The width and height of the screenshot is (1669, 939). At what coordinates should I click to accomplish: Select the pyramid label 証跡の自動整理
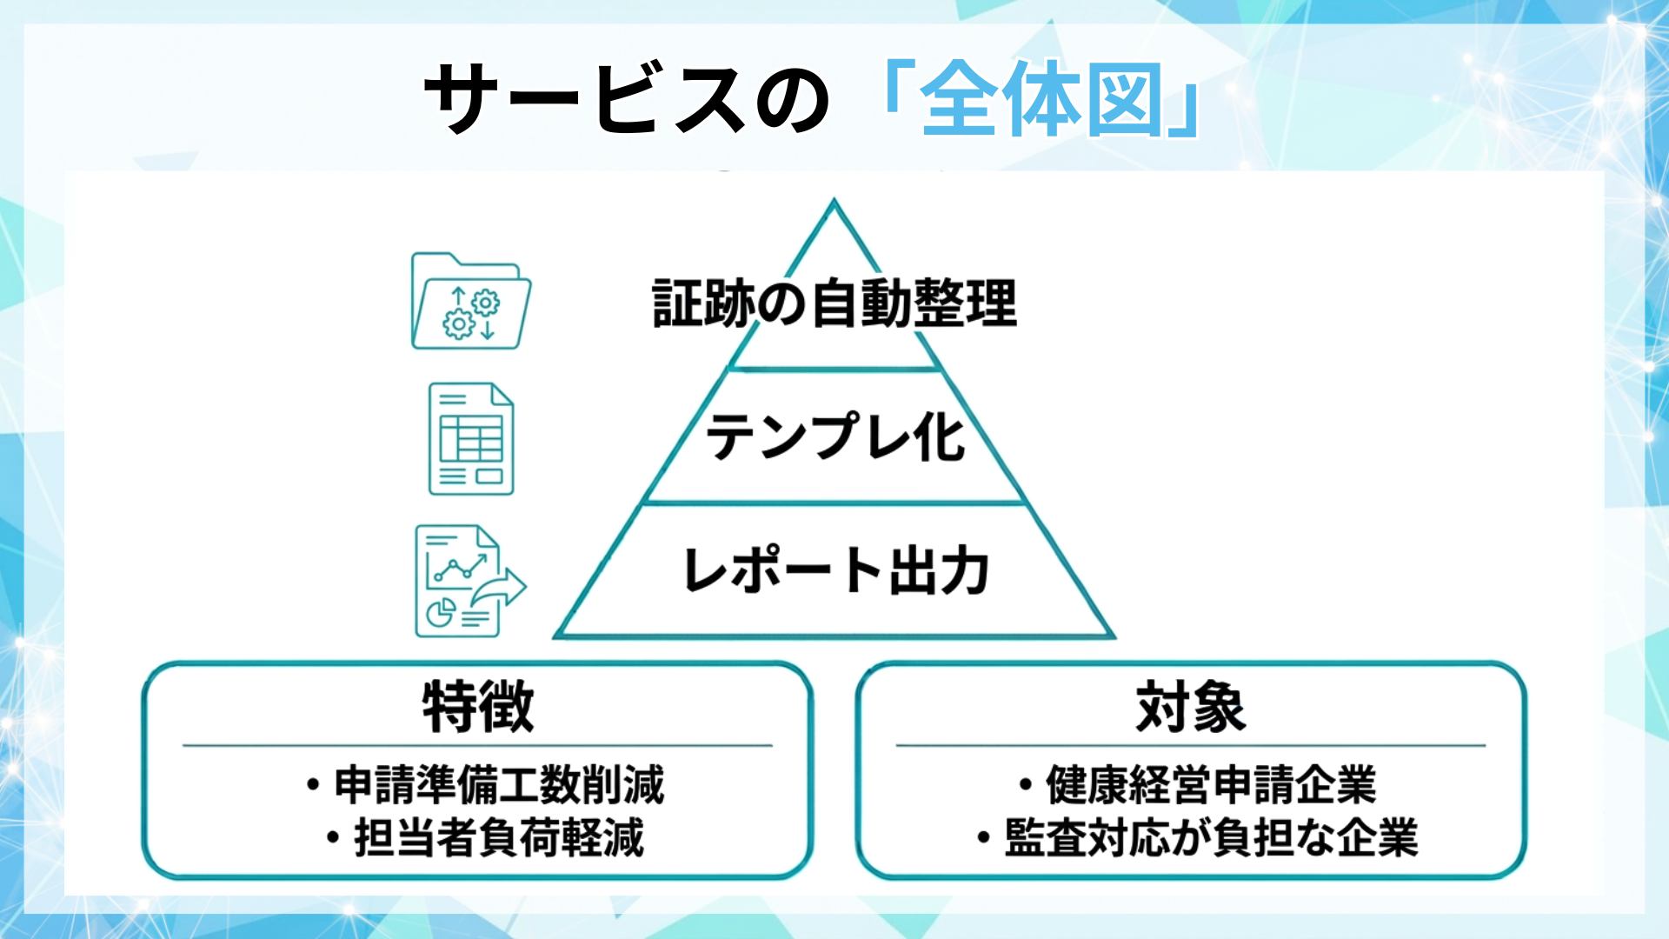click(x=834, y=303)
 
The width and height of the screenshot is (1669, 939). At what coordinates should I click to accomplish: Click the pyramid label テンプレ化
click(x=834, y=436)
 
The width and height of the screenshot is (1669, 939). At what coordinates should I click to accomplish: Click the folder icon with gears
click(x=470, y=302)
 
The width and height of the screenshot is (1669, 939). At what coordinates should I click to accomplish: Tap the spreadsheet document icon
click(x=471, y=439)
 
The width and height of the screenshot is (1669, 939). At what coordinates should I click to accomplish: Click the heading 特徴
click(x=477, y=707)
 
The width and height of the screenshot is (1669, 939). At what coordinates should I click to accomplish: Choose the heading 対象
click(x=1191, y=707)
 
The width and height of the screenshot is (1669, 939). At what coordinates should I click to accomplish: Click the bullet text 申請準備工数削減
click(x=499, y=784)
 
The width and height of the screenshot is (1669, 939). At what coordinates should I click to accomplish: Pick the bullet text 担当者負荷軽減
click(x=499, y=837)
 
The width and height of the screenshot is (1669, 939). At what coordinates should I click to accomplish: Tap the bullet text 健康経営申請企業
click(x=1211, y=784)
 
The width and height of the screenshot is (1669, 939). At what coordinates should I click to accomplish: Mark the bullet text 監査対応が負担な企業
click(x=1211, y=837)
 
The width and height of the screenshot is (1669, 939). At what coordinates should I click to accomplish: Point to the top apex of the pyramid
click(x=834, y=203)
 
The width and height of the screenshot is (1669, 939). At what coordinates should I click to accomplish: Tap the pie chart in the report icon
click(x=440, y=612)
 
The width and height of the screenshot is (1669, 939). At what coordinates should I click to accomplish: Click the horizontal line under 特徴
click(x=477, y=745)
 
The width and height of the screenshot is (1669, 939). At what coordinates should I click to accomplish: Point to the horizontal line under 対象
click(x=1191, y=745)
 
